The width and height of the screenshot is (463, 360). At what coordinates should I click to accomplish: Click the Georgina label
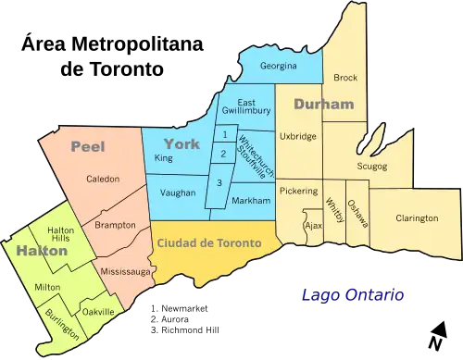pyautogui.click(x=277, y=67)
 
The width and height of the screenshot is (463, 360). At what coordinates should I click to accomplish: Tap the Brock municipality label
pyautogui.click(x=345, y=78)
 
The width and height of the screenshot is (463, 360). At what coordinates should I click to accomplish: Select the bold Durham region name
pyautogui.click(x=323, y=105)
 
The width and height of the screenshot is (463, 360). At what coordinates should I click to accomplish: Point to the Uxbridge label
pyautogui.click(x=297, y=136)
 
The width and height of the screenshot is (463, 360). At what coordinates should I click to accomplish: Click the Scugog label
pyautogui.click(x=372, y=166)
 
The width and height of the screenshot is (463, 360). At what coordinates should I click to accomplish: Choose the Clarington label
pyautogui.click(x=417, y=218)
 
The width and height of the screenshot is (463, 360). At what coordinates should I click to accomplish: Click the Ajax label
pyautogui.click(x=313, y=225)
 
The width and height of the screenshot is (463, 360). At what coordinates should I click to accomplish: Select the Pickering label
pyautogui.click(x=297, y=191)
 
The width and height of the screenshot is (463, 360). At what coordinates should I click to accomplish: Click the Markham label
pyautogui.click(x=252, y=201)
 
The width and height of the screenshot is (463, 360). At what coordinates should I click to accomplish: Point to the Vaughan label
pyautogui.click(x=178, y=192)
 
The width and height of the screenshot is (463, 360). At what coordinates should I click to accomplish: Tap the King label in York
pyautogui.click(x=164, y=159)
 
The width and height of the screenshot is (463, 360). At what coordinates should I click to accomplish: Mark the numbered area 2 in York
pyautogui.click(x=223, y=153)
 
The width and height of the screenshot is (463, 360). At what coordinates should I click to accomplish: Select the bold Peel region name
pyautogui.click(x=87, y=145)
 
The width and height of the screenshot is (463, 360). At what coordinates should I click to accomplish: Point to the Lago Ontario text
pyautogui.click(x=352, y=296)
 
